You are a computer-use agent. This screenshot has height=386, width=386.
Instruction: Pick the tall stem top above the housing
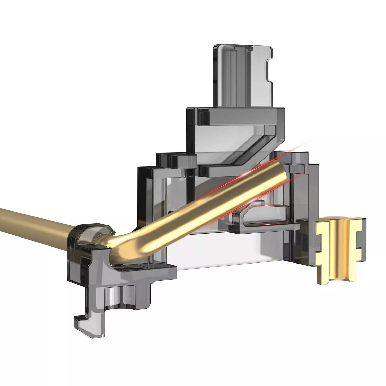pos(242,75)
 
